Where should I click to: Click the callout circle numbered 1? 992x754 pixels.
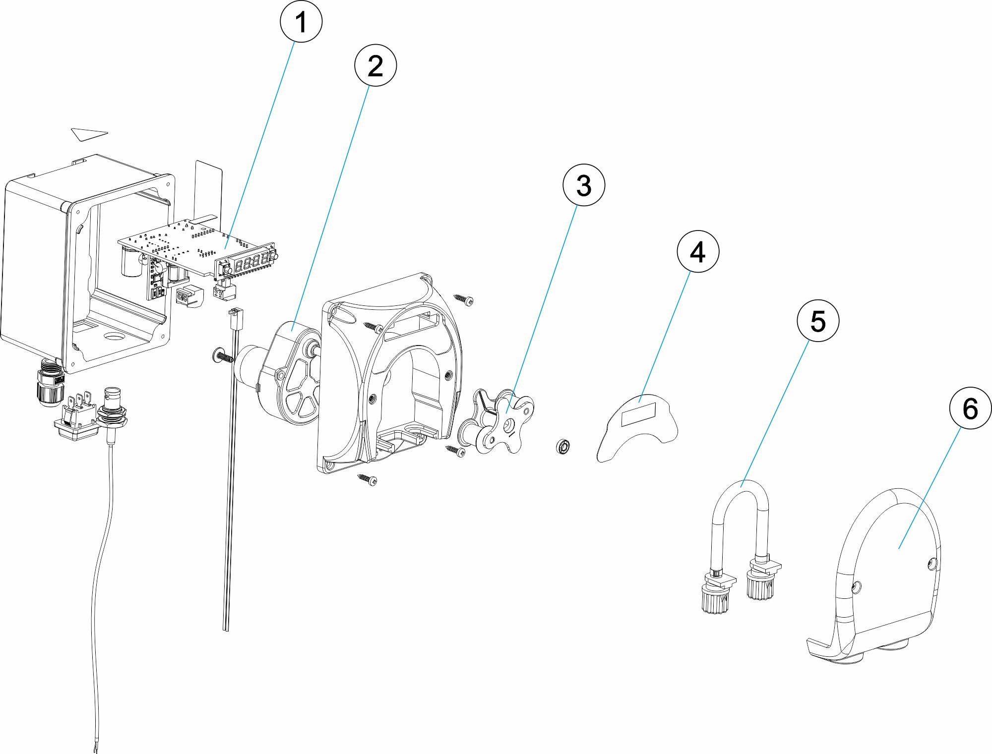[x=301, y=22]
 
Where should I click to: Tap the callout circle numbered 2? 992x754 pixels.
[x=375, y=65]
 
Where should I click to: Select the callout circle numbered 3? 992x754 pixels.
[x=584, y=185]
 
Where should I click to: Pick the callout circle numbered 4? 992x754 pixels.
[x=698, y=251]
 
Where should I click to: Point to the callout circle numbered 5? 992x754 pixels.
[x=818, y=321]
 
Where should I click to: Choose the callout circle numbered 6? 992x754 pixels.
[x=970, y=408]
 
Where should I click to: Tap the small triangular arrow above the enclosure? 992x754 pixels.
[x=89, y=134]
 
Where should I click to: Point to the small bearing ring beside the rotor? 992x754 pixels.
[x=563, y=446]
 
